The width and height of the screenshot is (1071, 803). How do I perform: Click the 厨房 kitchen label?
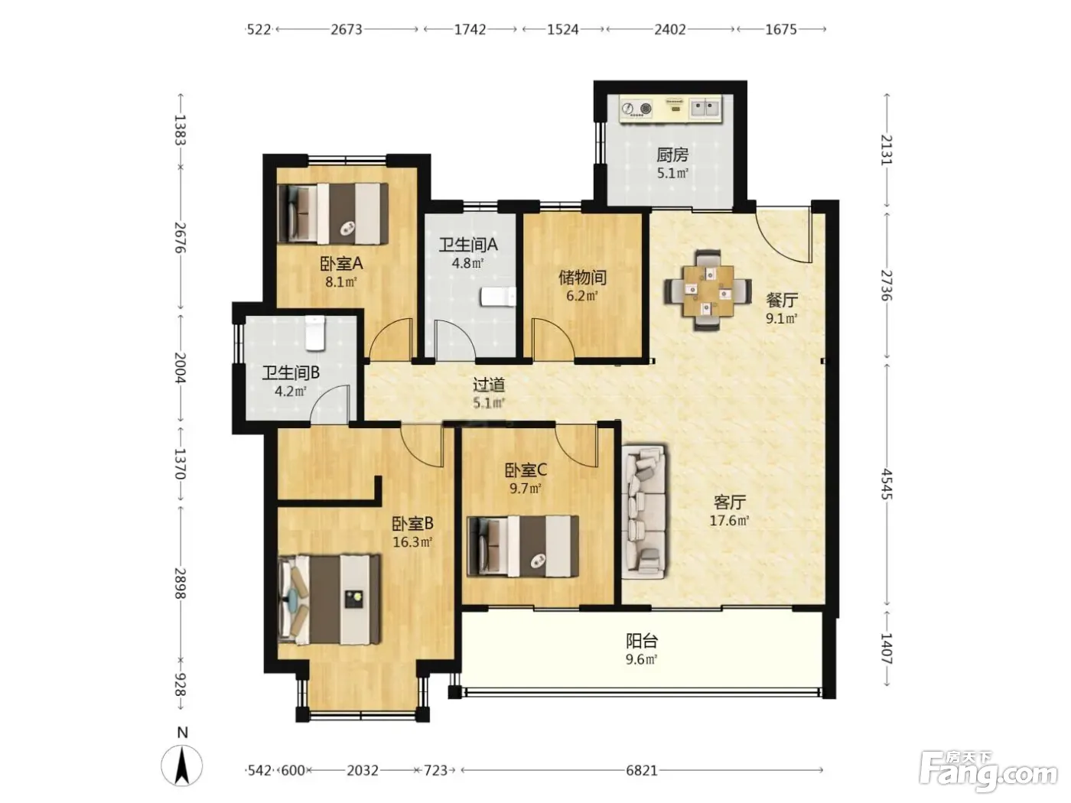pos(672,155)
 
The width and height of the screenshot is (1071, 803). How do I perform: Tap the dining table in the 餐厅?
pos(708,290)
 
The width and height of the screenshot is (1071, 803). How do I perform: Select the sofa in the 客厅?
pos(644,511)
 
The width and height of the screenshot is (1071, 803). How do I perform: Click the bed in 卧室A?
pos(333,213)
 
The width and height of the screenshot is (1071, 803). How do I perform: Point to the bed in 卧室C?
pos(522,546)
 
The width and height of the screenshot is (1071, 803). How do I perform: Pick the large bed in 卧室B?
pos(330,599)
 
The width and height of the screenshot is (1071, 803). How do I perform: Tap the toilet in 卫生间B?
pos(314,333)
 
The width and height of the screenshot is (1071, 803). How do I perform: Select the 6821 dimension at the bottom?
pos(642,771)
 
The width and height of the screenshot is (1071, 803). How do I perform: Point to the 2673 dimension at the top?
pos(347,30)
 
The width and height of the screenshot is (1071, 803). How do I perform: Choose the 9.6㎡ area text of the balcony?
pos(642,660)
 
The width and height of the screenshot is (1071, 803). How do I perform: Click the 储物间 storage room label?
pos(583,278)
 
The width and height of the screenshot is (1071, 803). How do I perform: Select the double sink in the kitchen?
pos(705,109)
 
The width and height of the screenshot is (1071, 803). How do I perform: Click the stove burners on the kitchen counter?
pos(636,109)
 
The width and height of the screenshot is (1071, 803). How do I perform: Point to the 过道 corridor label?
pos(488,385)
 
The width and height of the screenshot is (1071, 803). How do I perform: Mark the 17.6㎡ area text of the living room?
pos(729,521)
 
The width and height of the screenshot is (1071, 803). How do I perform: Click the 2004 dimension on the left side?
pos(180,368)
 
